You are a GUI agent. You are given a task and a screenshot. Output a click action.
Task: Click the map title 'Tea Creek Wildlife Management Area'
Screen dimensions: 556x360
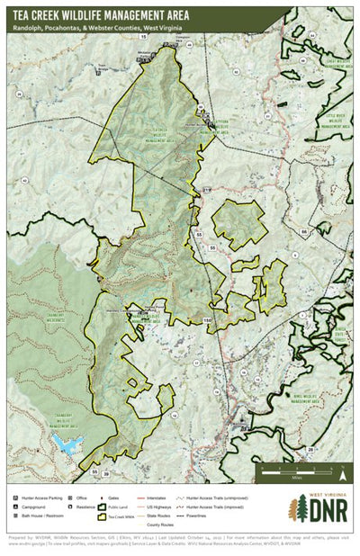(109, 14)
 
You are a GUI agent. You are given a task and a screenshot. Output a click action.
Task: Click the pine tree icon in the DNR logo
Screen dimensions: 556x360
(296, 509)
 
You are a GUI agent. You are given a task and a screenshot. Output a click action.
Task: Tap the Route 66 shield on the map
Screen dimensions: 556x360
(305, 231)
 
